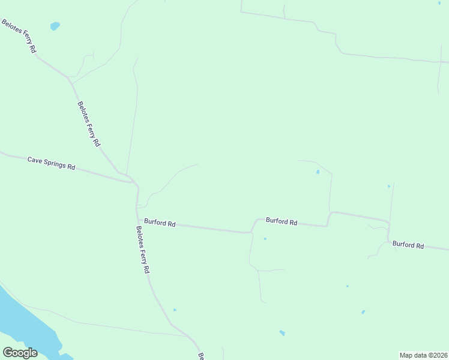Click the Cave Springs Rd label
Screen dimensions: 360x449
51,163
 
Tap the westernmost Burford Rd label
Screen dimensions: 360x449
160,224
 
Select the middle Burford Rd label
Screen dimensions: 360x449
282,221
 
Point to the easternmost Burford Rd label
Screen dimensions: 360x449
408,245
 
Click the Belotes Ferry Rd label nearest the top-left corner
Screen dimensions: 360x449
19,37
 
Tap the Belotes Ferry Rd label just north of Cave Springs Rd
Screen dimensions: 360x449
89,124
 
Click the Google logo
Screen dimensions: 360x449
20,353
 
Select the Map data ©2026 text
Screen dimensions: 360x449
423,355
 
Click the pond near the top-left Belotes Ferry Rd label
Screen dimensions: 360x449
55,26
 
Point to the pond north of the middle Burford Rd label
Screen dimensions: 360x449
318,172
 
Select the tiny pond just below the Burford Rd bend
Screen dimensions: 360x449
265,238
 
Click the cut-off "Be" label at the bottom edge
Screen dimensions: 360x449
202,356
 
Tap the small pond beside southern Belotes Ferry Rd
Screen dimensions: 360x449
175,310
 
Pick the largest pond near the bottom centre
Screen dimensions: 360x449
282,333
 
